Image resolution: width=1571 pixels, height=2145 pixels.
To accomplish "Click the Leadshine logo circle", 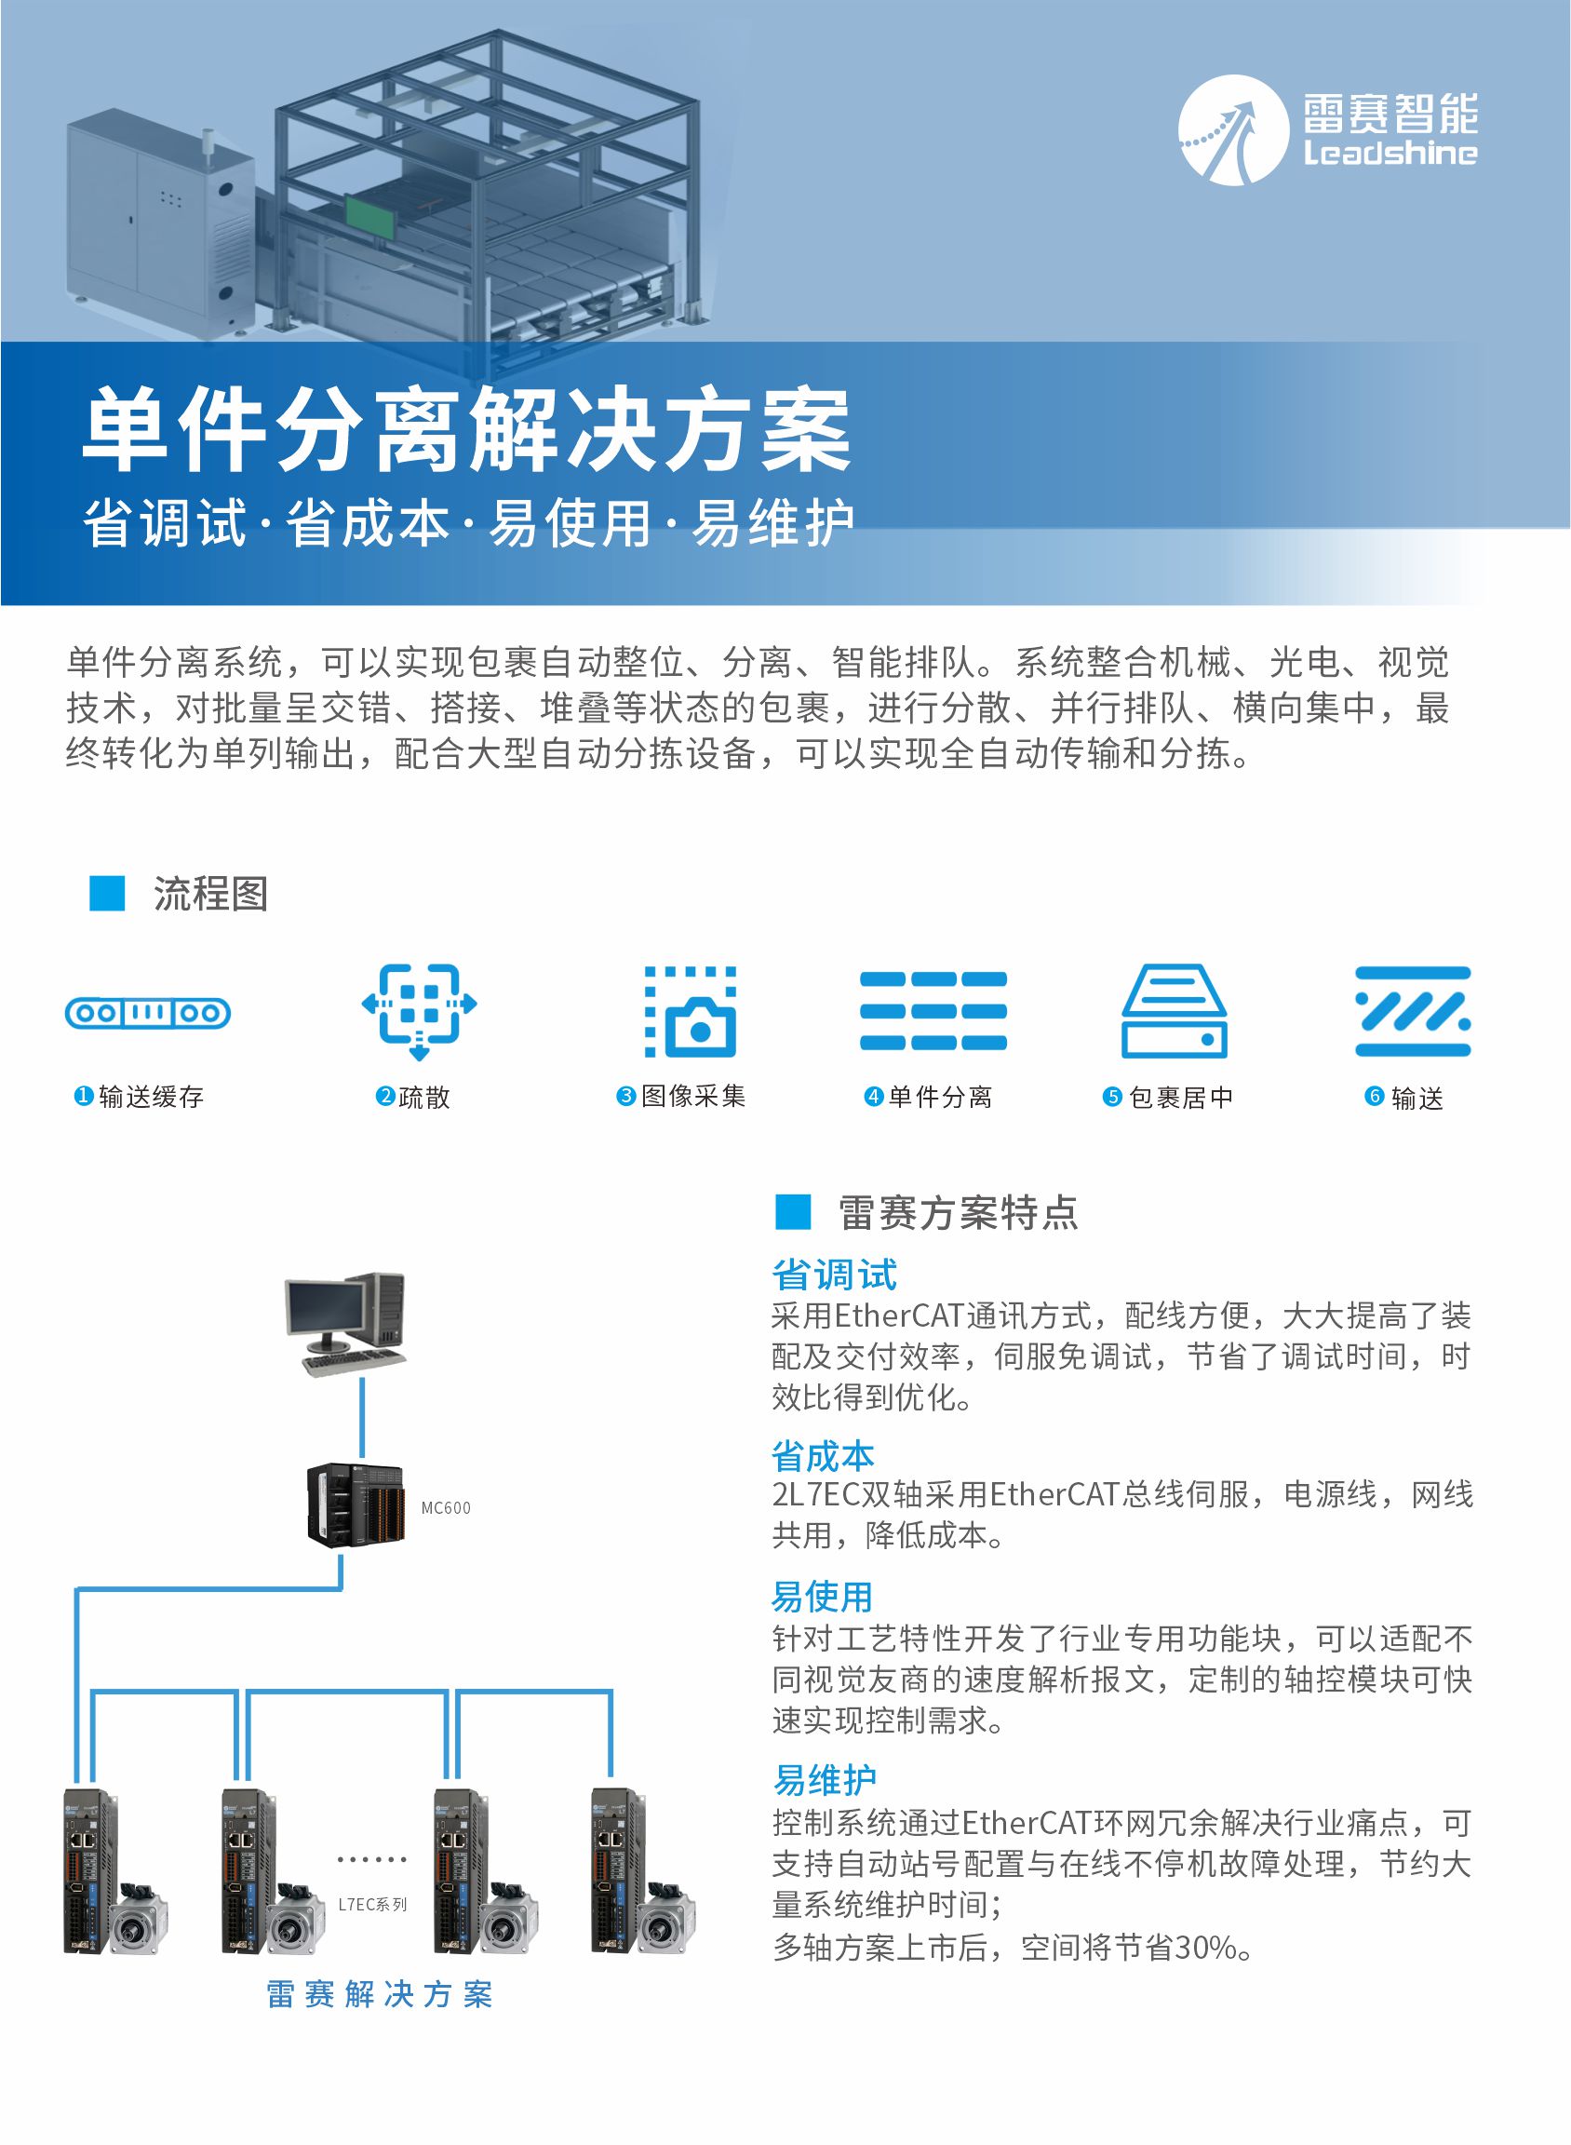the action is point(1233,130).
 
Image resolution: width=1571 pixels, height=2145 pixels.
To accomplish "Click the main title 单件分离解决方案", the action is point(466,429).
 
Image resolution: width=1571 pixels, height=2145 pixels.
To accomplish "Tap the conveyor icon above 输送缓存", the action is point(147,1013).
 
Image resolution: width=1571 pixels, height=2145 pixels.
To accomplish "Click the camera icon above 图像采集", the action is point(692,1012).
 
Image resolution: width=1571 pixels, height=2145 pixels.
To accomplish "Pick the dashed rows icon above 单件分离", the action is point(933,1010).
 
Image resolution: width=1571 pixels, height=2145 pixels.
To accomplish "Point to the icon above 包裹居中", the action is point(1174,1012).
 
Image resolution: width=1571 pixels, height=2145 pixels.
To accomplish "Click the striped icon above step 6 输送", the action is point(1413,1012).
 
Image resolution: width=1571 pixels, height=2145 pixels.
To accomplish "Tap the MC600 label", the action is point(446,1507).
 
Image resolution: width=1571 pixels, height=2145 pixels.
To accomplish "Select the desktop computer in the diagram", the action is point(346,1323).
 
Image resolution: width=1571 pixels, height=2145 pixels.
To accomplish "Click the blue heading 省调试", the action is point(834,1275).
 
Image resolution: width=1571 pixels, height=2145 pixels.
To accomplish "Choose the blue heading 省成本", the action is point(823,1456).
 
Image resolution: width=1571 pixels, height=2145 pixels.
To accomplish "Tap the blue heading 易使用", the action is point(822,1596).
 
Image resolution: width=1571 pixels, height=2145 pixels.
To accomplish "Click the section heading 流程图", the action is point(210,894).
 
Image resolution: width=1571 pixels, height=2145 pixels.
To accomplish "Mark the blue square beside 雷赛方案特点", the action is point(793,1212).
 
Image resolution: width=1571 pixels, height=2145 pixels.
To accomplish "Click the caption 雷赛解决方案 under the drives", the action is point(380,1995).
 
